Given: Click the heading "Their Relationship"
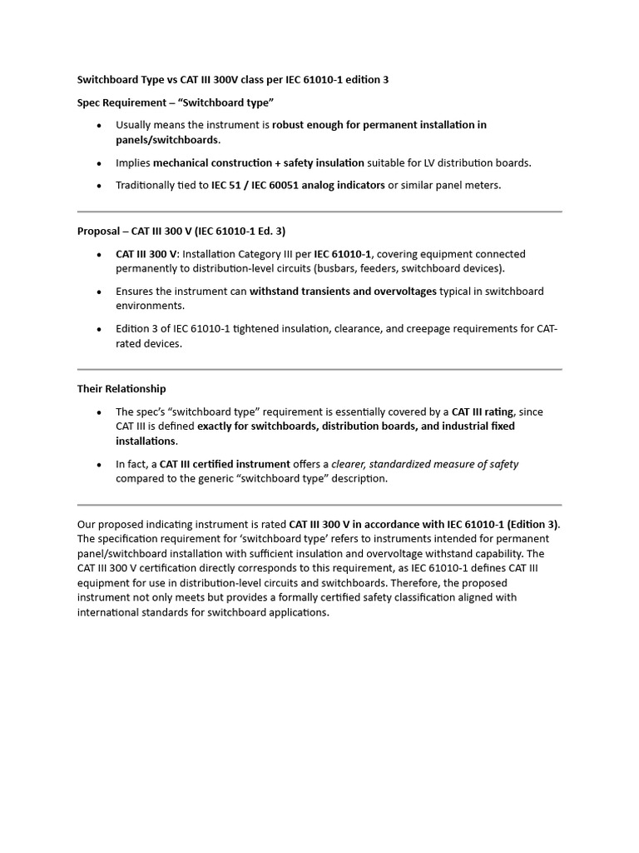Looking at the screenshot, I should click(x=121, y=389).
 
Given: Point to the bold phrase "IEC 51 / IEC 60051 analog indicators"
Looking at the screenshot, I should click(x=298, y=186).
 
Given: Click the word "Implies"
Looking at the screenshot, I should click(x=132, y=163).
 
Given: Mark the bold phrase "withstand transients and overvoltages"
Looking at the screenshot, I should click(x=343, y=292).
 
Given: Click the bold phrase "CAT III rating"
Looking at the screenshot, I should click(x=483, y=412).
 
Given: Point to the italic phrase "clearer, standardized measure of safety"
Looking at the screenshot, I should click(x=425, y=464).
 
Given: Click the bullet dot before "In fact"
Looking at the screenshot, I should click(x=100, y=465).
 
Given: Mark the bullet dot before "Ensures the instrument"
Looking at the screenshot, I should click(x=100, y=292).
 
